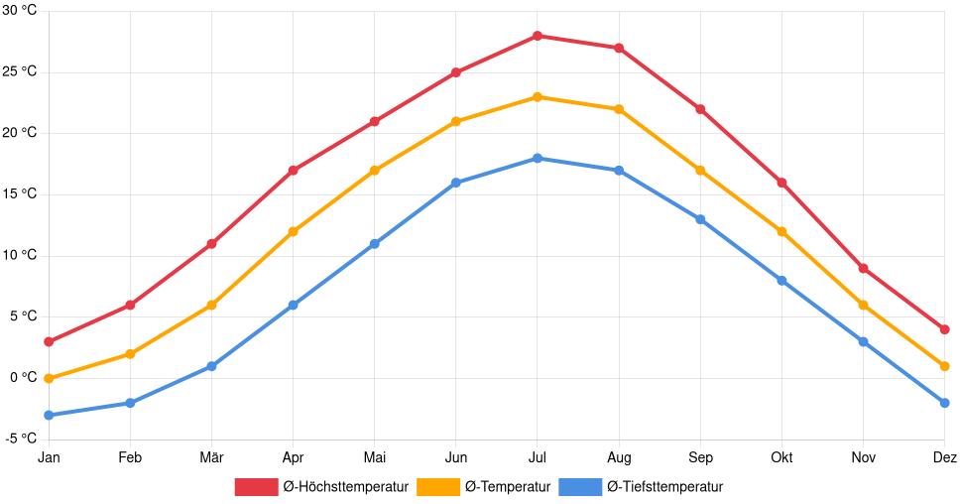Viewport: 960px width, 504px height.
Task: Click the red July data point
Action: coord(538,36)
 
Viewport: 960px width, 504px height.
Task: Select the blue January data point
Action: coord(49,415)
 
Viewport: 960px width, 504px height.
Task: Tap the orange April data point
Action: coord(293,231)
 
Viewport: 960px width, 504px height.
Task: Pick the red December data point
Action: coord(944,329)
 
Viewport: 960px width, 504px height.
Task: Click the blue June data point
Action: coord(456,183)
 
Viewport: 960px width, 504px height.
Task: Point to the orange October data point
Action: coord(781,231)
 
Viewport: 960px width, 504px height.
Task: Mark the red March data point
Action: coord(211,244)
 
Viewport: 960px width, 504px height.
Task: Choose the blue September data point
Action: coord(700,219)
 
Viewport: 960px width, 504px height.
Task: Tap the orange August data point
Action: coord(619,109)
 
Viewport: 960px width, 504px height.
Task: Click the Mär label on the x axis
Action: coord(211,457)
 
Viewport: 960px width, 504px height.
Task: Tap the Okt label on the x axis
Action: coord(781,457)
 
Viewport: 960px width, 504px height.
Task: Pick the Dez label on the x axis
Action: coord(944,457)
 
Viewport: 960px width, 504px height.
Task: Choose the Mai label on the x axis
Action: coord(374,457)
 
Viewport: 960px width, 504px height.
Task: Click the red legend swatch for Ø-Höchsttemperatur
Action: coord(256,486)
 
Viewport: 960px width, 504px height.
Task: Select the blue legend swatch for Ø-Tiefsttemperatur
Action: coord(580,486)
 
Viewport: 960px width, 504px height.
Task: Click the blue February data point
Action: coord(130,403)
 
